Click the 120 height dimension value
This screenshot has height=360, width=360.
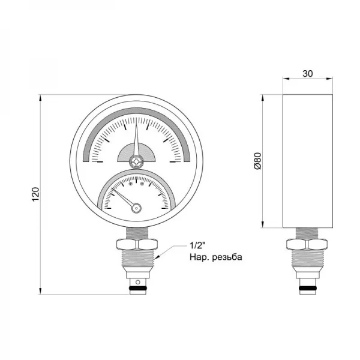point(35,194)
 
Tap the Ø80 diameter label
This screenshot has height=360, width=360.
point(257,161)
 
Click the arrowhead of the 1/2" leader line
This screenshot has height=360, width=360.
point(157,257)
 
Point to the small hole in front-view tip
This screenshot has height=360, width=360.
point(137,281)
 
